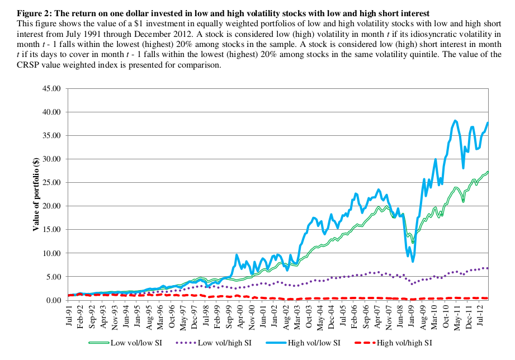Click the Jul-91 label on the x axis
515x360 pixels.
[70, 314]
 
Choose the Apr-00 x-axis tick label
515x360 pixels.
[242, 314]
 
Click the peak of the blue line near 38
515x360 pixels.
[455, 120]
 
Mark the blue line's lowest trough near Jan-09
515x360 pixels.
[413, 261]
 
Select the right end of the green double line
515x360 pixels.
[488, 172]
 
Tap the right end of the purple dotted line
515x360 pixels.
[488, 268]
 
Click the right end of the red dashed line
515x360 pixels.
[488, 298]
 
